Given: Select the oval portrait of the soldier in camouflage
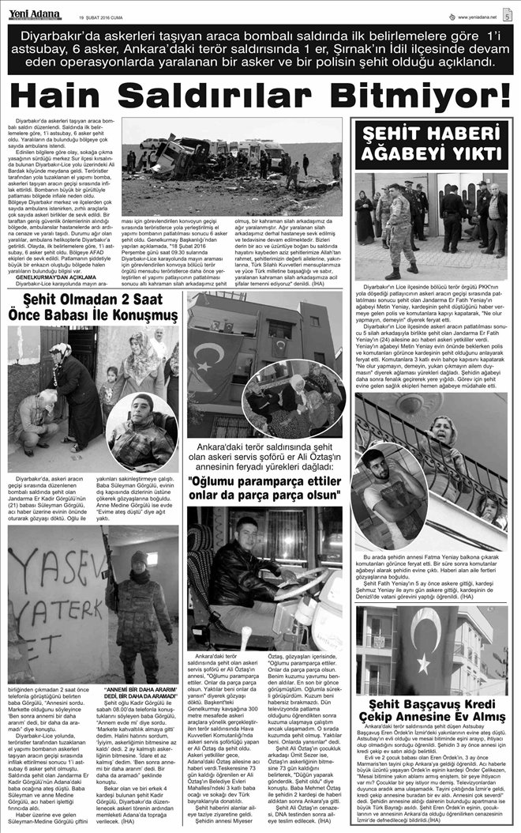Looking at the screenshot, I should [x=142, y=432].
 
